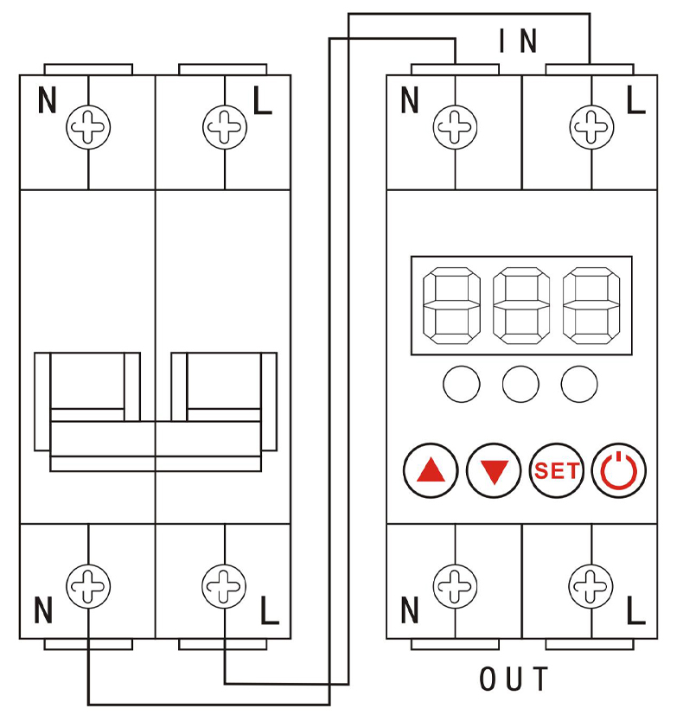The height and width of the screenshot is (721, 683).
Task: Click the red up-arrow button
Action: pos(430,471)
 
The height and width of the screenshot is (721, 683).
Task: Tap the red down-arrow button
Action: pos(494,471)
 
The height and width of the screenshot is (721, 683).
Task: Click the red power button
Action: pos(619,471)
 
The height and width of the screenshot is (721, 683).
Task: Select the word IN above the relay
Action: pos(518,41)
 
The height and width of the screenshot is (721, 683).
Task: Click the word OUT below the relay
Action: pos(514,680)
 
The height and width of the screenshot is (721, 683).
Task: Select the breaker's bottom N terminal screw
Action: pos(88,585)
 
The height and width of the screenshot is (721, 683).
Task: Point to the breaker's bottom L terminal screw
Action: pos(224,585)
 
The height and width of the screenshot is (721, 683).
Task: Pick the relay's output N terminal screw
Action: pos(455,585)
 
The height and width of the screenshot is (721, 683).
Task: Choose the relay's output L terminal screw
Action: pos(591,585)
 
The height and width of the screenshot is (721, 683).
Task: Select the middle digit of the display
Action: pos(520,306)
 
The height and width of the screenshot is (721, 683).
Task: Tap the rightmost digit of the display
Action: pos(590,306)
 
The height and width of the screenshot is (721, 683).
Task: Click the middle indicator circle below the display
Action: pos(520,385)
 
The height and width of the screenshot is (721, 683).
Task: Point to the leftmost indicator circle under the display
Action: pos(462,385)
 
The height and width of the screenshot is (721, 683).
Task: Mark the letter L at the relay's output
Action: pos(635,612)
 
